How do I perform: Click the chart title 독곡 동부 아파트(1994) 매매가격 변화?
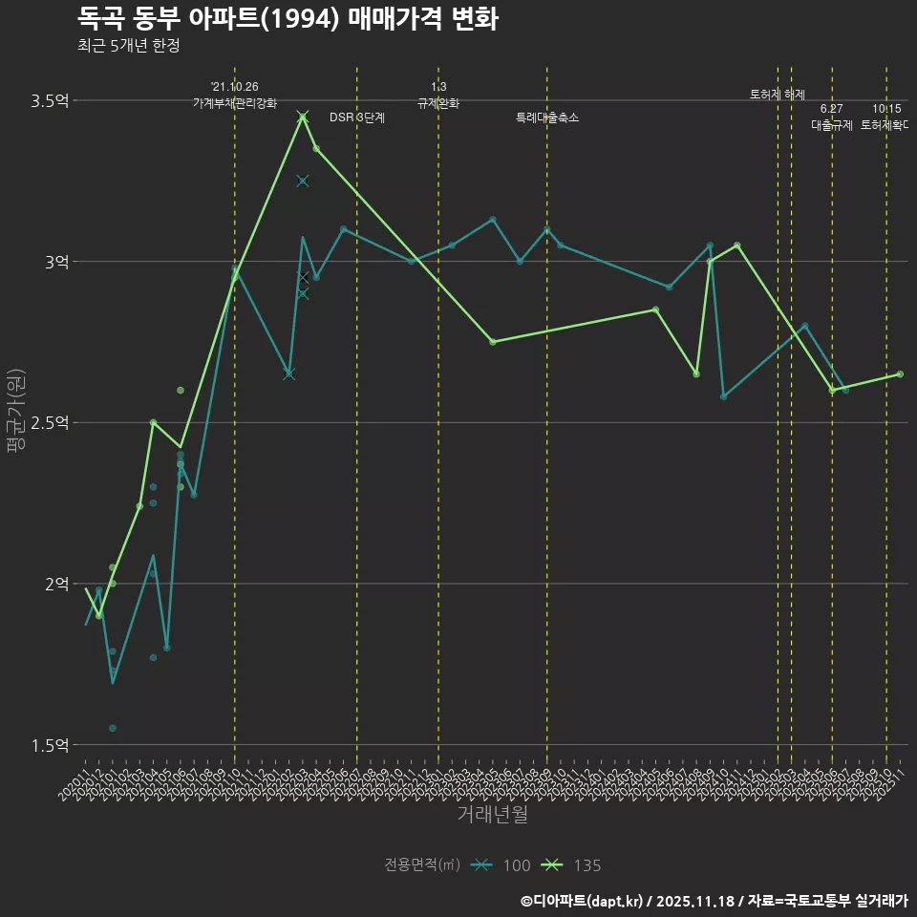point(287,19)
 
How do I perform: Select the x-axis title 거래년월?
point(492,815)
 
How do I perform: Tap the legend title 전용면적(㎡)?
point(422,865)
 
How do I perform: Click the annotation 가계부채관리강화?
point(235,103)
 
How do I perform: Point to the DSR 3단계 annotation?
point(357,118)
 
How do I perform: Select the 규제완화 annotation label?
point(438,103)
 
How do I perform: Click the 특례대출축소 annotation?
point(547,118)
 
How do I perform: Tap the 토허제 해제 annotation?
point(778,95)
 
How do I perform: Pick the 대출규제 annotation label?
point(832,125)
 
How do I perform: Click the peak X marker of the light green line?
point(303,117)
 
